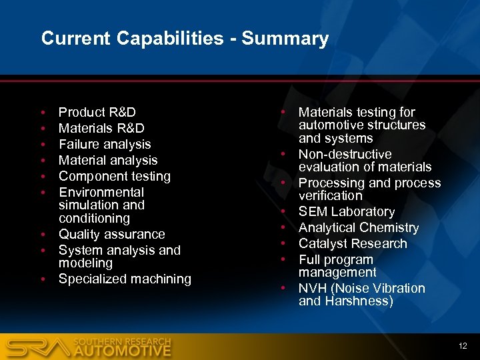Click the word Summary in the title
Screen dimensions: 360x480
tap(285, 39)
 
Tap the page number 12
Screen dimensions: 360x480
tap(463, 346)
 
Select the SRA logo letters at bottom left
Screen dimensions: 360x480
tap(37, 347)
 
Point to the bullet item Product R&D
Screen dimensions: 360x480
tap(97, 113)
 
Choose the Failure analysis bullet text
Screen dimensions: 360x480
tap(105, 145)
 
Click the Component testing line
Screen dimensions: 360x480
tap(115, 177)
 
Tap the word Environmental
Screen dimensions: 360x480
tap(101, 193)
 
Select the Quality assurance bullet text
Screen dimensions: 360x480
tap(111, 235)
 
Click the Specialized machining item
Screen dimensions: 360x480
tap(125, 279)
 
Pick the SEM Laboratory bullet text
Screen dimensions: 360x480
tap(347, 212)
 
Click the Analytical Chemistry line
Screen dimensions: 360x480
tap(359, 228)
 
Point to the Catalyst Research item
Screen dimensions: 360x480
tap(353, 244)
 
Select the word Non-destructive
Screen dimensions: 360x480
tap(345, 155)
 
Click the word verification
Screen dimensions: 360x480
tap(331, 196)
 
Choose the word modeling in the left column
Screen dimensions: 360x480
tap(85, 263)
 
